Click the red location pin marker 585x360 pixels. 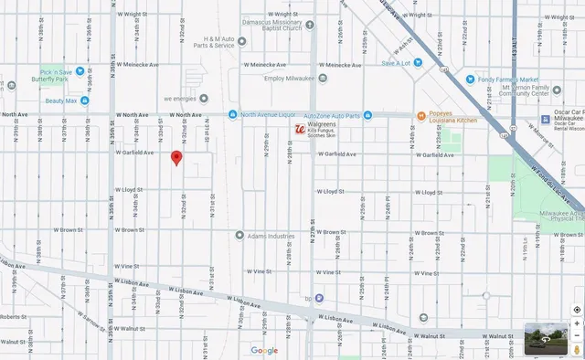176,158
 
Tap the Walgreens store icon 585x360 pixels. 299,131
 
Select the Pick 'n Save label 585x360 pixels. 58,71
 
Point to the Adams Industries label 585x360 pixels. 271,235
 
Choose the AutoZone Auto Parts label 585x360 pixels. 332,115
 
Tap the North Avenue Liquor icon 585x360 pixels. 234,115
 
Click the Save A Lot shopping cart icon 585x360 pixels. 418,63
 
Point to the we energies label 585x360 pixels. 180,98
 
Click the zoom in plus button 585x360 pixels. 577,323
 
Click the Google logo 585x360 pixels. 264,350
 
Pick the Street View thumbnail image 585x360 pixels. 547,339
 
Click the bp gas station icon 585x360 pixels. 308,298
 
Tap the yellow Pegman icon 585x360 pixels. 577,348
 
